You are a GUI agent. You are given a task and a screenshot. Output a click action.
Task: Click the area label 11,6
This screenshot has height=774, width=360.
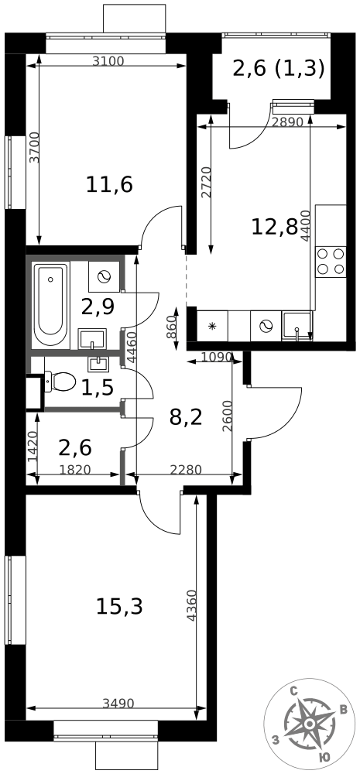click(109, 184)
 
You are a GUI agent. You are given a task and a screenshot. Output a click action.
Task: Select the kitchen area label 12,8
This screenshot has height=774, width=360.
click(274, 226)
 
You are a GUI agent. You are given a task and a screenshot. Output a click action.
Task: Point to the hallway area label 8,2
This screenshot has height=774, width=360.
click(185, 417)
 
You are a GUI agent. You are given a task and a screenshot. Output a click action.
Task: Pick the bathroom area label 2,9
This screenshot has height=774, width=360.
click(98, 307)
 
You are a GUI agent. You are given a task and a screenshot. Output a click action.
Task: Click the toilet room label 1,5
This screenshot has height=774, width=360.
click(98, 388)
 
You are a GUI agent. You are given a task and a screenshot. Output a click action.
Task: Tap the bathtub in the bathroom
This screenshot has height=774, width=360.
click(51, 303)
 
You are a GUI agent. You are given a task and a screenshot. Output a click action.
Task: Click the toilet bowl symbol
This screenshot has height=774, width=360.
click(60, 381)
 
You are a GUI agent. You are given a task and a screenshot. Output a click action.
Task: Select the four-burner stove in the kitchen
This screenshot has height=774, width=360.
click(331, 261)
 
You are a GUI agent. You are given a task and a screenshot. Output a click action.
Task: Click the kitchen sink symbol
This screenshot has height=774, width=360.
click(297, 326)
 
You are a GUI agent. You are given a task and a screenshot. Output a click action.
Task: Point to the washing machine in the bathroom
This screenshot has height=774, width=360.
click(105, 276)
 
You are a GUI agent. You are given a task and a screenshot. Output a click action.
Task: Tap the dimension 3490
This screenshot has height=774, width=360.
click(118, 704)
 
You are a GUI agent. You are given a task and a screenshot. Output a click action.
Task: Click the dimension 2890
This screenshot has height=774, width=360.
click(288, 122)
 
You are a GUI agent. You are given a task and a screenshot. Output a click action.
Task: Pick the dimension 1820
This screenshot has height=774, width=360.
click(74, 469)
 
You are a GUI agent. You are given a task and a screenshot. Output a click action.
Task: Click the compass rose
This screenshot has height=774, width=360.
click(309, 724)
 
